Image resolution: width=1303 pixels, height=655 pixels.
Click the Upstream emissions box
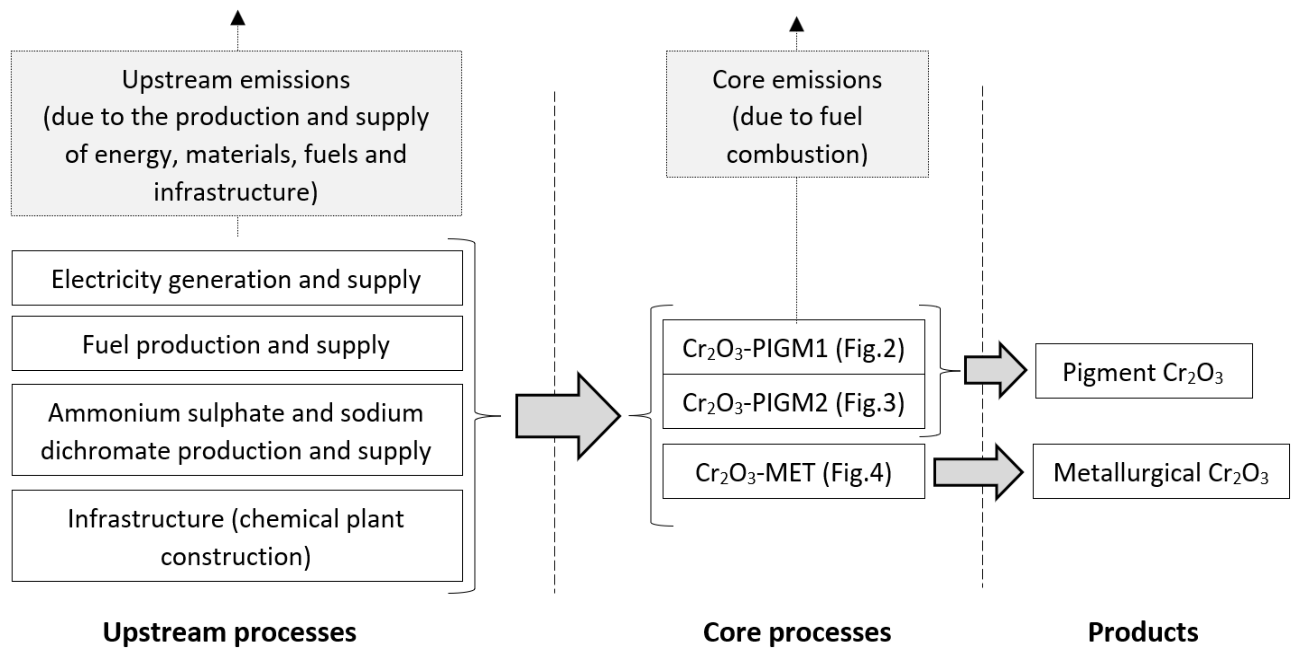tap(236, 133)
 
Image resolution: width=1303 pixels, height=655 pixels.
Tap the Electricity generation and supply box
tap(237, 278)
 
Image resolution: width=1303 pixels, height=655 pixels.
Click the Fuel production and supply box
tap(237, 344)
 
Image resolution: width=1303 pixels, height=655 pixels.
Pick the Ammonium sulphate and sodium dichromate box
tap(237, 430)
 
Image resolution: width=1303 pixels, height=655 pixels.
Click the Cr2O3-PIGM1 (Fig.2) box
tap(793, 348)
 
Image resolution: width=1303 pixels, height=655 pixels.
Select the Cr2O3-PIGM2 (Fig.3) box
tap(793, 402)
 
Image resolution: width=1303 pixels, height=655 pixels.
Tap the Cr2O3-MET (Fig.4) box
tap(793, 472)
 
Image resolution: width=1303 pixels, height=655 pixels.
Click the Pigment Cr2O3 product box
tap(1144, 372)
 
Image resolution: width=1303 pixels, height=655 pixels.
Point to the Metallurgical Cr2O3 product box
tap(1161, 472)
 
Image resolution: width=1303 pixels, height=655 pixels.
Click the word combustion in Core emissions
tap(797, 154)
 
